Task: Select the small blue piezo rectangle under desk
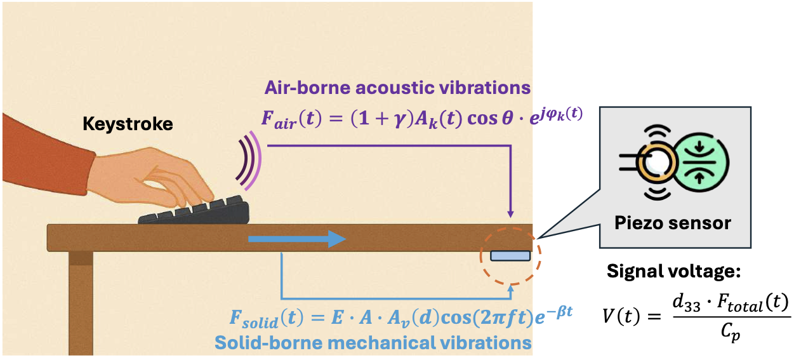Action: point(510,255)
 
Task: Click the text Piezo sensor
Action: point(673,223)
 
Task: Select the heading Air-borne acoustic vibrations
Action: point(397,87)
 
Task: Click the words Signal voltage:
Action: point(675,272)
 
